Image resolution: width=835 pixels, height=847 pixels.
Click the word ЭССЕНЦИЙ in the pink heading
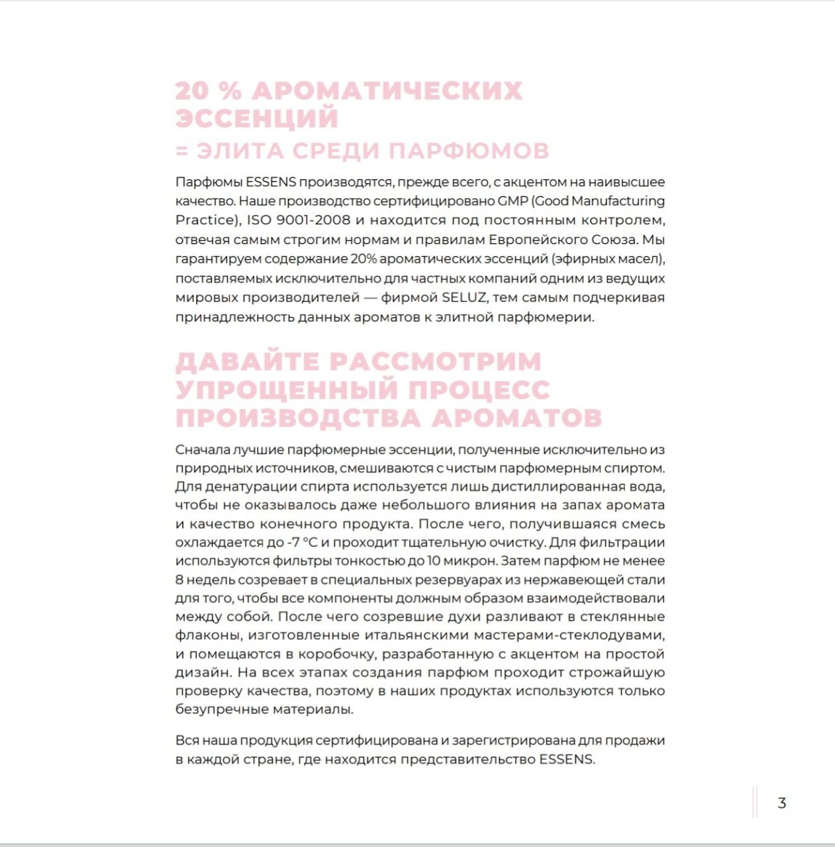tap(257, 118)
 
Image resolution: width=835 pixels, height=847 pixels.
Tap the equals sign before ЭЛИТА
tap(182, 151)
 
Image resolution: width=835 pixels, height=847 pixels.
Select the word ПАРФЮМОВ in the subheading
tap(469, 151)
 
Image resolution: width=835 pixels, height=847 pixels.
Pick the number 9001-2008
tap(313, 220)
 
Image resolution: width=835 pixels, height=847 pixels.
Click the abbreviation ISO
tap(259, 220)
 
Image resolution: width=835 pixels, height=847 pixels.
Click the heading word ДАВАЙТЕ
tap(247, 362)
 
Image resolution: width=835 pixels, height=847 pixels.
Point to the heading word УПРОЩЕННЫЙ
tap(286, 390)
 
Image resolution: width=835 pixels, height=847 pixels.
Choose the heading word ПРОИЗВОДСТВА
tap(299, 418)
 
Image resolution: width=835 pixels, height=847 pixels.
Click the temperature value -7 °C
tap(302, 543)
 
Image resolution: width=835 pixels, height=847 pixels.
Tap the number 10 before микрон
tap(434, 561)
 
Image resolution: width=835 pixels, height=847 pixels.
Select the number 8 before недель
tap(179, 580)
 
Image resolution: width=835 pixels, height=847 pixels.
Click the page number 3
tap(782, 803)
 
